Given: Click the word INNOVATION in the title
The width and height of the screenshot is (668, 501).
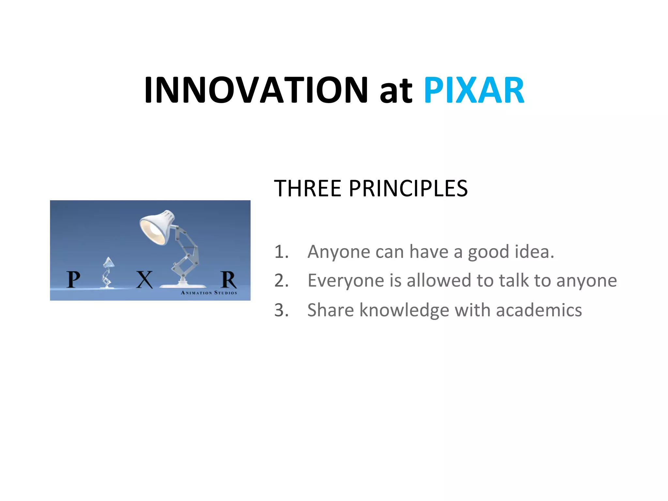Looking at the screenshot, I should (x=256, y=90).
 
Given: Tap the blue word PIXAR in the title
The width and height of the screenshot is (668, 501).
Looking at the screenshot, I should (x=474, y=90).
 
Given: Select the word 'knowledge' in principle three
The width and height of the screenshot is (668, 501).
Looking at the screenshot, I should (x=404, y=310).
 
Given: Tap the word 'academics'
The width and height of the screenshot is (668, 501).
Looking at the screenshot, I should (x=539, y=310).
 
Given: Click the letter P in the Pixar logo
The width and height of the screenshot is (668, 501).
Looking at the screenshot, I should (x=73, y=280).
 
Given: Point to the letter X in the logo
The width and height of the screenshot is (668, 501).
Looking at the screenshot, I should (x=144, y=280).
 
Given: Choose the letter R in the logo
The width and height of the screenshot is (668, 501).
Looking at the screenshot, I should (x=228, y=280).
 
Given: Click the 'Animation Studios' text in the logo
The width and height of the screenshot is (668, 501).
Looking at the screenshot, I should (x=209, y=293).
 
